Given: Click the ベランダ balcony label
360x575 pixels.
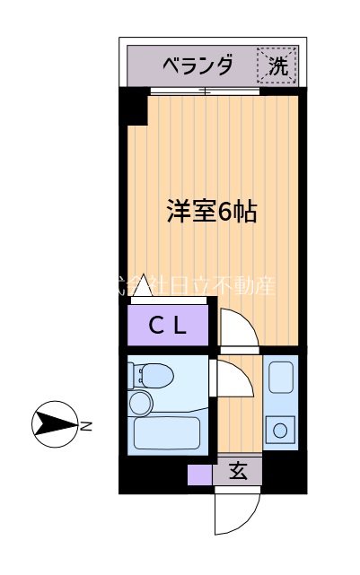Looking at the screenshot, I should coord(198,65).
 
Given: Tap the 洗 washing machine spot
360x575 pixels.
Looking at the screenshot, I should coord(277,65).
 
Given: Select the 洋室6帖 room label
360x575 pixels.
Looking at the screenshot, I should coord(212,212).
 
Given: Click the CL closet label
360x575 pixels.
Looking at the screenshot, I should coord(167,326).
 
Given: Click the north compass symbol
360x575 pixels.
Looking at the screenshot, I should coord(54,423).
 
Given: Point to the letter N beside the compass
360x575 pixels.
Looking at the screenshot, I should coord(87,425).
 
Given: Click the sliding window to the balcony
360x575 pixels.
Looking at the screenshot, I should coord(205,91).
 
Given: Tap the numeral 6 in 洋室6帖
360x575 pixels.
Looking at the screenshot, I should coord(224,213).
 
